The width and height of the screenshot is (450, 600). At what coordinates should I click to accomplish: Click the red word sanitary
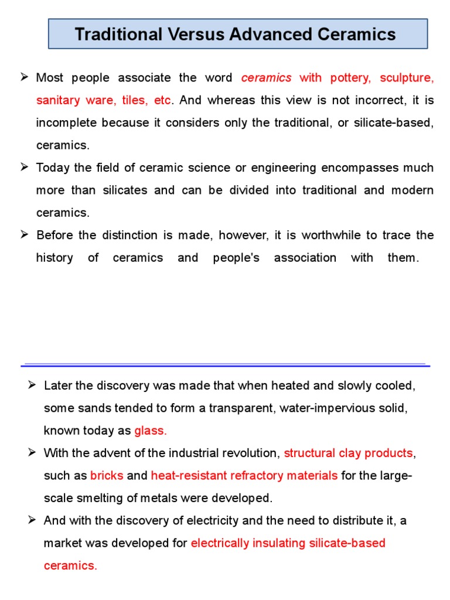pos(59,100)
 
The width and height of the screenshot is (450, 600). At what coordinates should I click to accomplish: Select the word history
pos(54,257)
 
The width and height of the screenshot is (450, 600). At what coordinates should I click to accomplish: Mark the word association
pos(305,257)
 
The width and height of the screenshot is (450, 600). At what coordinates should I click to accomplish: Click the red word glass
pos(150,431)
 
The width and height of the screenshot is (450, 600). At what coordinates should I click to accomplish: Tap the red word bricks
pos(107,475)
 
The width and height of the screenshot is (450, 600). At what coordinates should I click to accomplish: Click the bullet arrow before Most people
pos(25,77)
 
